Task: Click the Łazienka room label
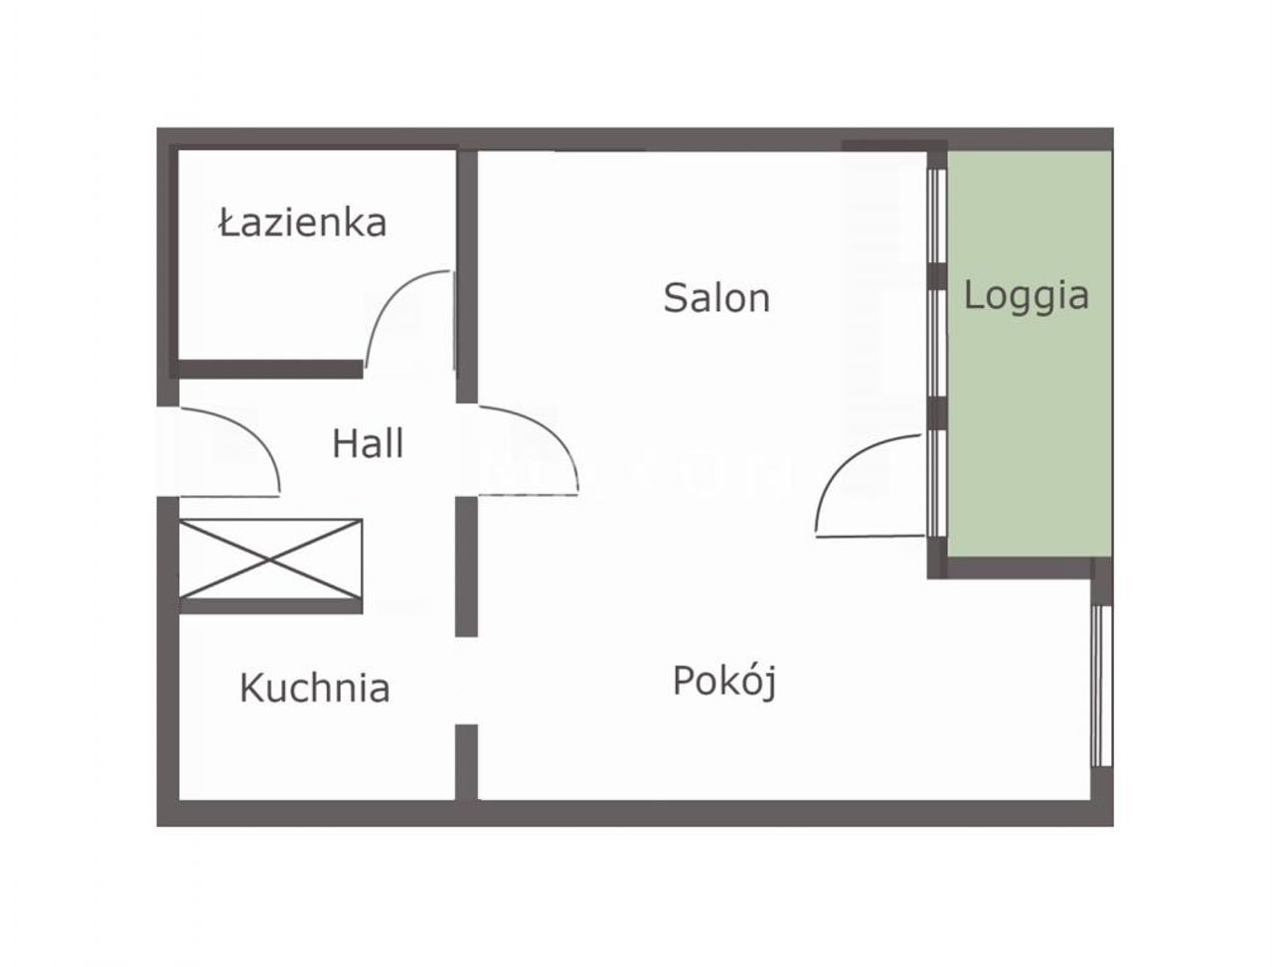(302, 223)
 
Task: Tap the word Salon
(716, 298)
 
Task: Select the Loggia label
(1027, 296)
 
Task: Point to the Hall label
(368, 444)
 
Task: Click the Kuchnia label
(315, 689)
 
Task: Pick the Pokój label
(724, 681)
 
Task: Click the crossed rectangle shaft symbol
(270, 560)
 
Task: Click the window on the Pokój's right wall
(1102, 686)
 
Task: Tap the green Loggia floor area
(1030, 354)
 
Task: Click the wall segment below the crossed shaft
(270, 606)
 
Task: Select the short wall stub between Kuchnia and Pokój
(466, 762)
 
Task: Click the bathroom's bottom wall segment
(270, 369)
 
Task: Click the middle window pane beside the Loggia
(937, 343)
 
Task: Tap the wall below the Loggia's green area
(1019, 567)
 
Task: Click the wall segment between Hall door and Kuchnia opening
(466, 566)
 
